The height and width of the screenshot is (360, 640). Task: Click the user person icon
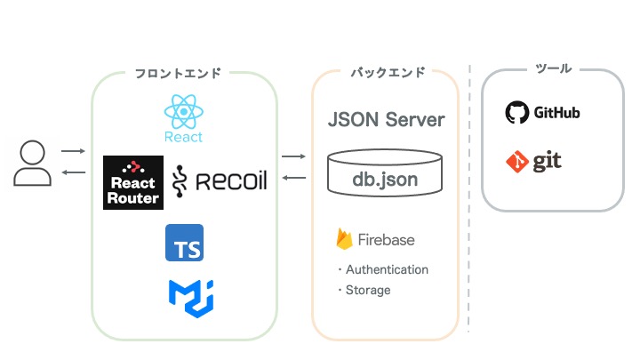32,164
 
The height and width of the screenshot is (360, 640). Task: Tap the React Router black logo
132,182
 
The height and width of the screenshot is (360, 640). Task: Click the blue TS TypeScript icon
184,243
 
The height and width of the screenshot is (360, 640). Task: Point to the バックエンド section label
387,72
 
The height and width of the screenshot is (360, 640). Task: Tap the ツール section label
554,68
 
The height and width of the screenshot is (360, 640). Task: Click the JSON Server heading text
386,119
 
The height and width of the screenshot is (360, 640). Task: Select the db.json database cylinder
385,175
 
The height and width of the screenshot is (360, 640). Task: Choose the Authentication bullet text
387,269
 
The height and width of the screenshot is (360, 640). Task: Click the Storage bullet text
368,290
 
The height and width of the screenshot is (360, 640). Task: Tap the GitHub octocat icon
516,113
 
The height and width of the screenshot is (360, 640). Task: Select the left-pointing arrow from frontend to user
73,172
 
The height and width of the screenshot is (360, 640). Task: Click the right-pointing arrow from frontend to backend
293,157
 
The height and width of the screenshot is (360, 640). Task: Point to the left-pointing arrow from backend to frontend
293,178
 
